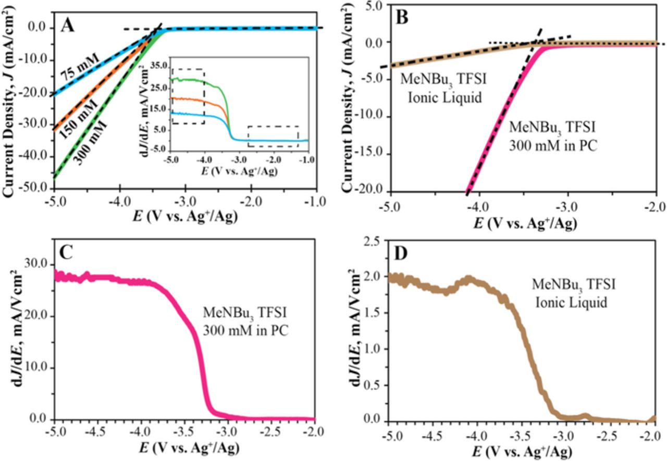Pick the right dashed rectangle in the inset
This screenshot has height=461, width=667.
(273, 136)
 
